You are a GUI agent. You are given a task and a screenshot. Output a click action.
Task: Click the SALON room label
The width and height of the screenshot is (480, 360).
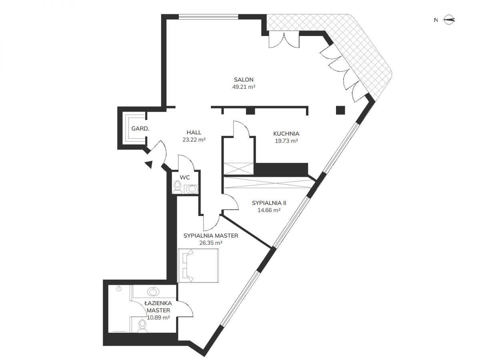(244, 80)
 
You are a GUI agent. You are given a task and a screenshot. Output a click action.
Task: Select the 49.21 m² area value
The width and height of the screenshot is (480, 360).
(244, 87)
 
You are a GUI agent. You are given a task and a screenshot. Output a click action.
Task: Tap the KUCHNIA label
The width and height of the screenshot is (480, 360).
(286, 134)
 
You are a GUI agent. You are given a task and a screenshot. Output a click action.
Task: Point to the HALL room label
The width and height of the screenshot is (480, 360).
(194, 132)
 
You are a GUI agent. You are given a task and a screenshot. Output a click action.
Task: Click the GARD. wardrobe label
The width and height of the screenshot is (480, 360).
(140, 129)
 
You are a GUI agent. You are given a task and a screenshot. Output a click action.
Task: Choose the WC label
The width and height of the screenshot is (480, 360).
(185, 178)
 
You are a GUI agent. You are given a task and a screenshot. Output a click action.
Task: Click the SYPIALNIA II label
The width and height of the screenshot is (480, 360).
(269, 203)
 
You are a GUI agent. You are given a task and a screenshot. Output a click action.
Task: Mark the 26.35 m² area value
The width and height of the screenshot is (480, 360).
(211, 243)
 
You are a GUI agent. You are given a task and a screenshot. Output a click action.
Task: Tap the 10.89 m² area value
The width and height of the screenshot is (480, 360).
(158, 317)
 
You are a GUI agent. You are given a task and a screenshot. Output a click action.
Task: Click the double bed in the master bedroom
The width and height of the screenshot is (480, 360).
(198, 266)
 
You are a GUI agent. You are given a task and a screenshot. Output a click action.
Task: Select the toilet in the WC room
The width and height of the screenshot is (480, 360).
(177, 188)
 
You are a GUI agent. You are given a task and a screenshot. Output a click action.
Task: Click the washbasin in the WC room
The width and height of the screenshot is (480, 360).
(191, 189)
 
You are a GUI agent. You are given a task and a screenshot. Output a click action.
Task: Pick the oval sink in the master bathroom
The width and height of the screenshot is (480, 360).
(153, 292)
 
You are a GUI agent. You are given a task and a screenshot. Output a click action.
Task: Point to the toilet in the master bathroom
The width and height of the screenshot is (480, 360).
(142, 326)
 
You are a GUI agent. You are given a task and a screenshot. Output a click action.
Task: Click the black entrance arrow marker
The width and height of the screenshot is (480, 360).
(149, 164)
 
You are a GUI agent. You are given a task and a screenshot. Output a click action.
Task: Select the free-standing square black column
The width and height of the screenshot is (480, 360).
(340, 110)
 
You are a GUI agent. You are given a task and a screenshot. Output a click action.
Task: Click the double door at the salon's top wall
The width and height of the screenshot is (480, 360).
(284, 40)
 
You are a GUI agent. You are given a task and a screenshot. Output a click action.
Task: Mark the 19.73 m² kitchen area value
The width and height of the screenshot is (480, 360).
(286, 141)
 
